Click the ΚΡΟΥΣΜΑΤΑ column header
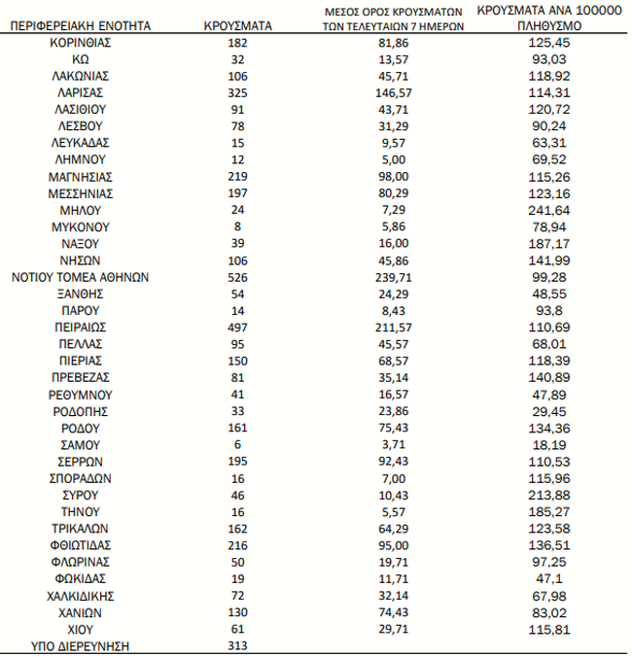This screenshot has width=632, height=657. pyautogui.click(x=239, y=25)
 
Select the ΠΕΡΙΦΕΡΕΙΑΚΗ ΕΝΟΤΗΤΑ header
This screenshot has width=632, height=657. pyautogui.click(x=81, y=25)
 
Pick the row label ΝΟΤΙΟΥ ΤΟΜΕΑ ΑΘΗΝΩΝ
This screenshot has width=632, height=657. pyautogui.click(x=81, y=277)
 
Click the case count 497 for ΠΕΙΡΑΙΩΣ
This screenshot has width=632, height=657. pyautogui.click(x=239, y=328)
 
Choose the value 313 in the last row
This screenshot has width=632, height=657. pyautogui.click(x=239, y=646)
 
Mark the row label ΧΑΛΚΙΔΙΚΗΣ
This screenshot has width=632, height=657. pyautogui.click(x=81, y=596)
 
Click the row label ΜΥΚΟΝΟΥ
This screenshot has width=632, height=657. pyautogui.click(x=81, y=226)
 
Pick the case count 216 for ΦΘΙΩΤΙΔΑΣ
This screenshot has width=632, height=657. pyautogui.click(x=239, y=545)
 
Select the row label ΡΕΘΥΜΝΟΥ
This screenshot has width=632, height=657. pyautogui.click(x=81, y=395)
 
